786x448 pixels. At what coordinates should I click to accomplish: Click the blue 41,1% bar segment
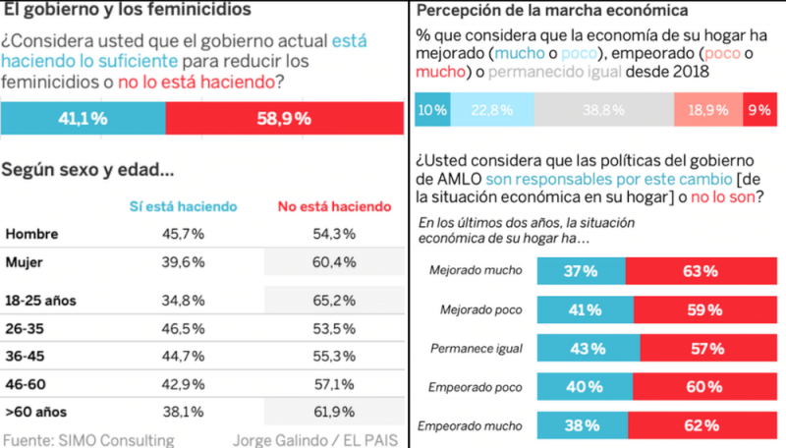[x=83, y=118]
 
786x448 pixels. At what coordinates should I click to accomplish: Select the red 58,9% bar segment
[x=285, y=118]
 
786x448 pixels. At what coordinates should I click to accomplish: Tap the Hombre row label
[x=31, y=234]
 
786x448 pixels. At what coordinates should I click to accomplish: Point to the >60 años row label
[x=36, y=414]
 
